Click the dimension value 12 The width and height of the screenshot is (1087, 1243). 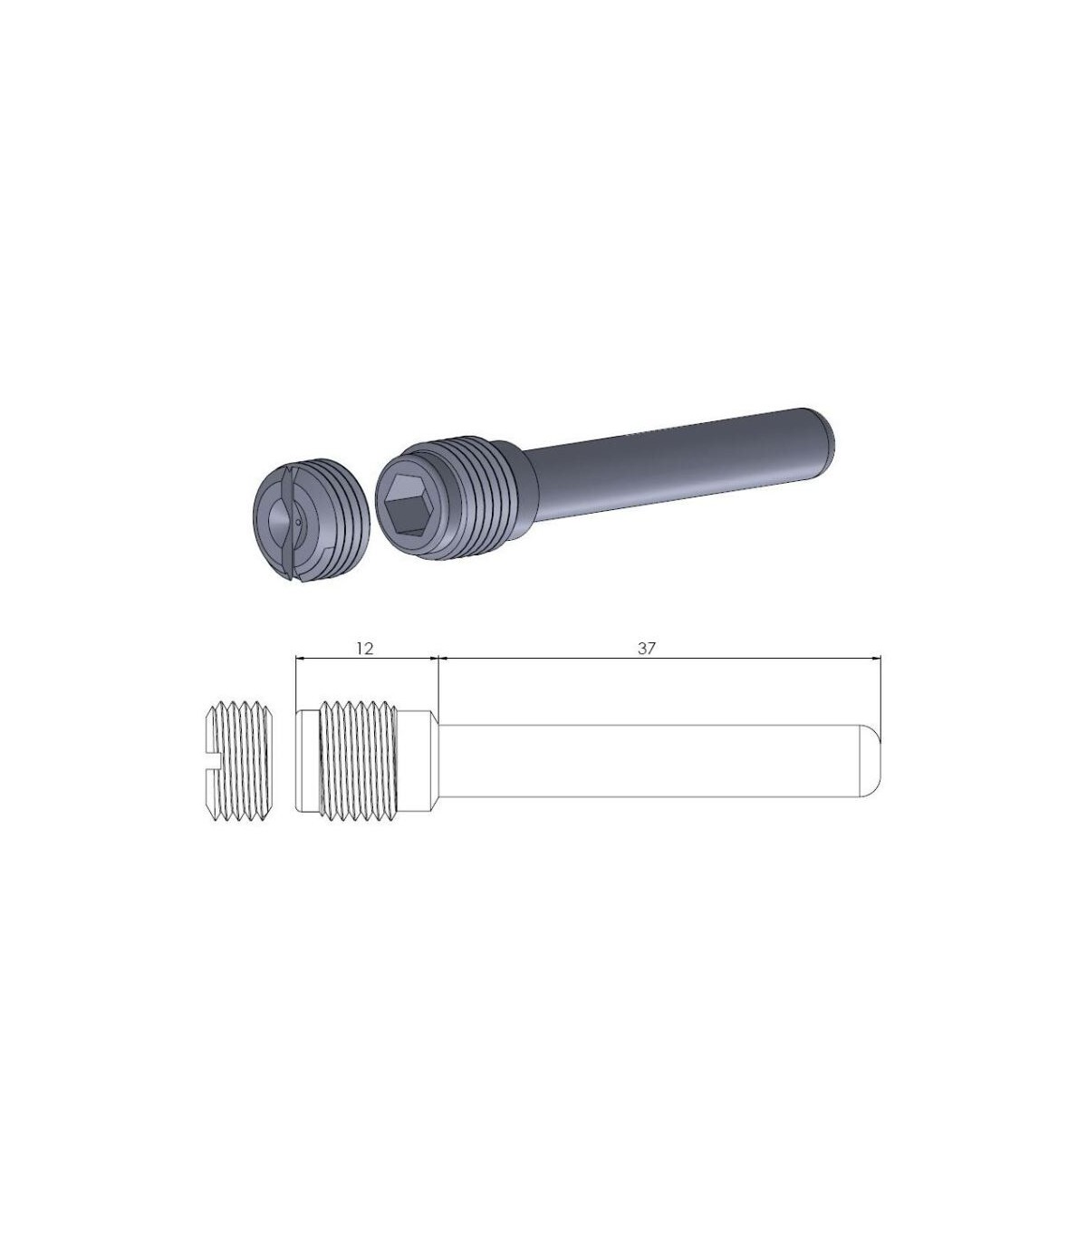coord(364,649)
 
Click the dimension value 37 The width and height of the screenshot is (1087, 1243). coord(647,649)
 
